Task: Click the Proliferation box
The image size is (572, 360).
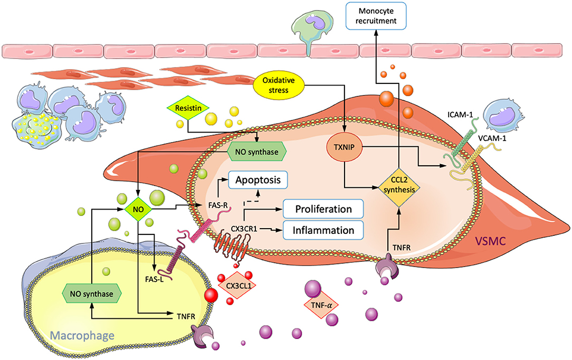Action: pos(323,209)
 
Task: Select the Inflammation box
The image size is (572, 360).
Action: pos(323,230)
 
